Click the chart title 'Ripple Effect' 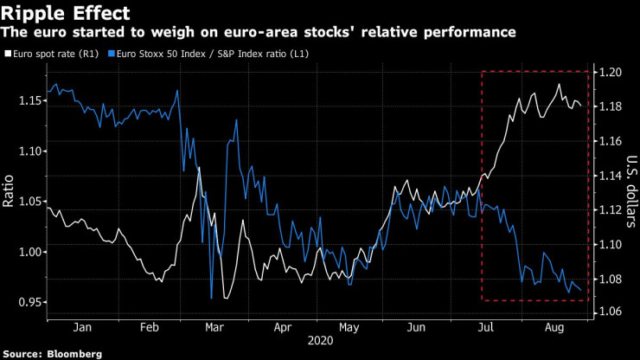(x=67, y=13)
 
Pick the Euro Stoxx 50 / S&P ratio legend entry (x=211, y=55)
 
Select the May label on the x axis (x=348, y=327)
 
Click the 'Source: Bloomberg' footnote (x=53, y=354)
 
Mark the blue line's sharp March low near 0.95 (x=211, y=298)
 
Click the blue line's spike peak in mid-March (x=234, y=120)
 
